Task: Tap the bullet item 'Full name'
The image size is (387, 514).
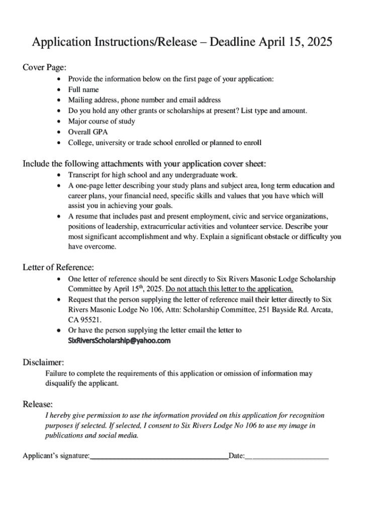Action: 83,89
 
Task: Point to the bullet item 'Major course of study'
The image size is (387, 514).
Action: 102,121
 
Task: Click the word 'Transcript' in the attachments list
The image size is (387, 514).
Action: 84,175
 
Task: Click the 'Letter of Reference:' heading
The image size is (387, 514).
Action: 58,267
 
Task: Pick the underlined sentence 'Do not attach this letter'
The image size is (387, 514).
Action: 229,289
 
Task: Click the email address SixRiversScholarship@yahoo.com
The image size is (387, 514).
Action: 119,340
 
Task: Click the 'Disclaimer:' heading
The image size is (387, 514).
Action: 43,362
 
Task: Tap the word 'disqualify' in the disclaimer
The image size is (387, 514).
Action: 61,383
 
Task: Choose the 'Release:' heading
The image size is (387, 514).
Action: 38,404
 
